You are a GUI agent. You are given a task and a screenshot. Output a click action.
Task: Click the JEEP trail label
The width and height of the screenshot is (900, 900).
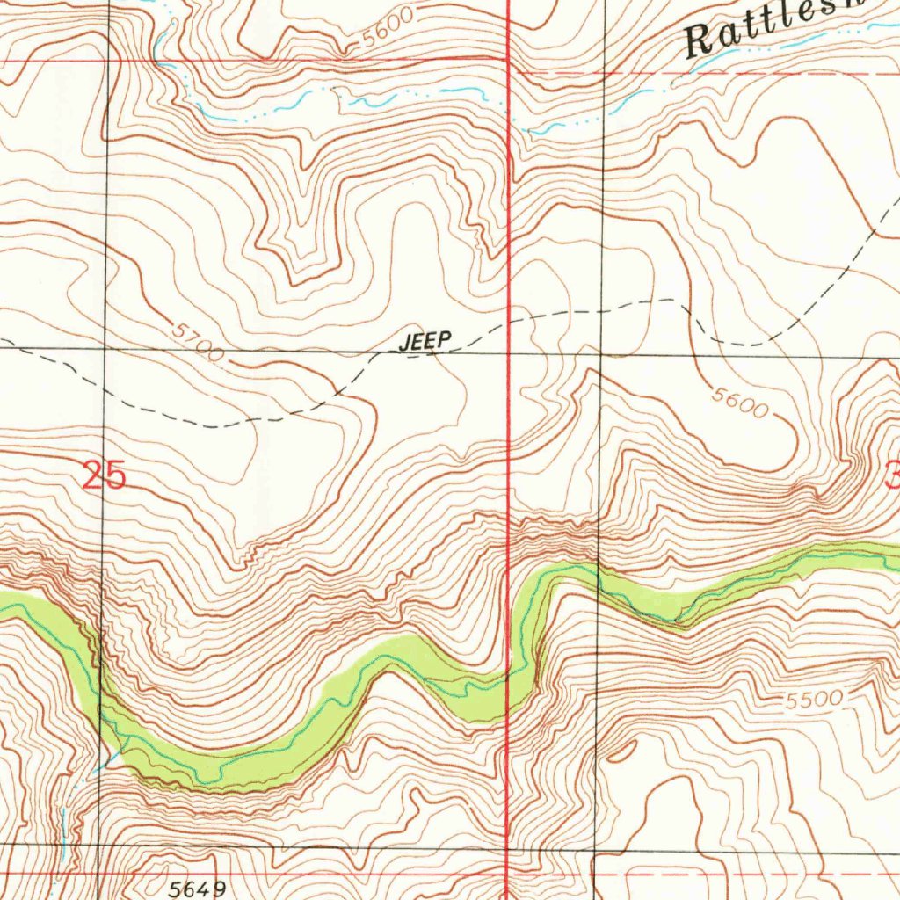coord(425,342)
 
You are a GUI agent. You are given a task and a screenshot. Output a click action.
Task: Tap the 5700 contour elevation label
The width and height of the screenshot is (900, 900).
coord(197,343)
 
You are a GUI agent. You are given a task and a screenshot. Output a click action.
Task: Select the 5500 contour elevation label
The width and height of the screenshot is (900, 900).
coord(814,700)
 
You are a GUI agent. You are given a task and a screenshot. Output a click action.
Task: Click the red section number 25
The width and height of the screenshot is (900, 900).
coord(105,476)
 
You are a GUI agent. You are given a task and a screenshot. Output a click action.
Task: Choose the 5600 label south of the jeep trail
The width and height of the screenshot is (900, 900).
coord(740,403)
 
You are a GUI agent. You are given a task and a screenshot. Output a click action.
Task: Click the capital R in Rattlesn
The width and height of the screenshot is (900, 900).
coord(700,40)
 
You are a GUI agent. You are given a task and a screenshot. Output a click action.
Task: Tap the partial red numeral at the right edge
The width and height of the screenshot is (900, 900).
coord(892,477)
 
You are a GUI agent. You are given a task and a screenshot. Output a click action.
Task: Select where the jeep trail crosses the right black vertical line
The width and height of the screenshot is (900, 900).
coord(603,310)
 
